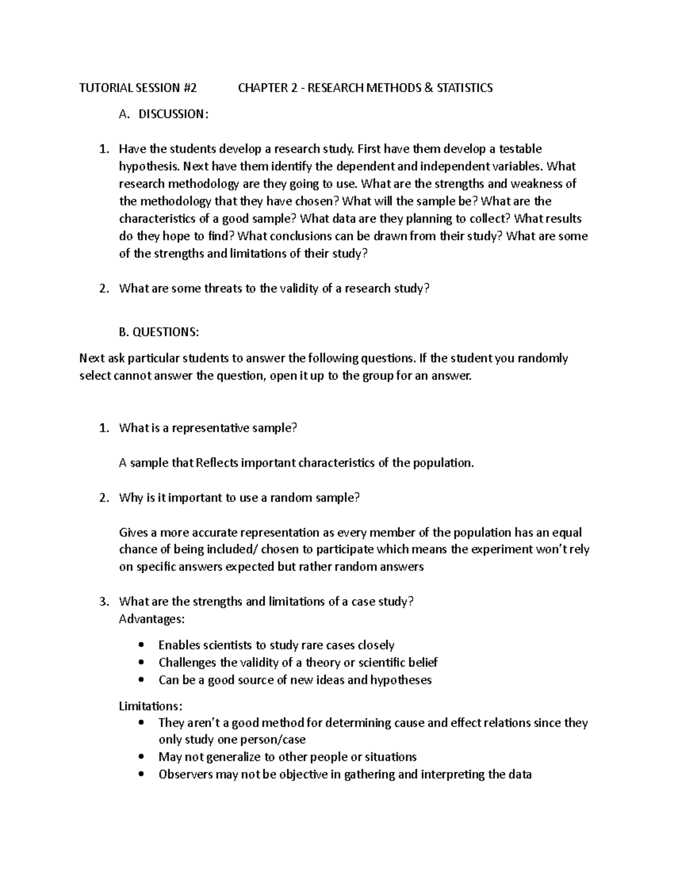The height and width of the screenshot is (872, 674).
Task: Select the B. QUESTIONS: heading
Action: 159,332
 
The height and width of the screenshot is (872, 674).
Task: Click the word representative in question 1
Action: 203,428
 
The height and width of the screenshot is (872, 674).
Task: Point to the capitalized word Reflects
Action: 217,463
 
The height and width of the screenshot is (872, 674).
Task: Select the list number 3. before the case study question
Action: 103,601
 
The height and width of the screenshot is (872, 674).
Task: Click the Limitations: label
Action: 151,706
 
